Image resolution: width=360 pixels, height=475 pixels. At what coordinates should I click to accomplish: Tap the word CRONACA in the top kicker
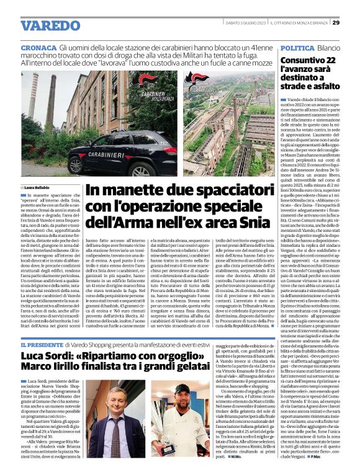pos(39,47)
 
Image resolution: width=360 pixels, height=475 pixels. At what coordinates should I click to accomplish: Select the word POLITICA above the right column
pos(297,47)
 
